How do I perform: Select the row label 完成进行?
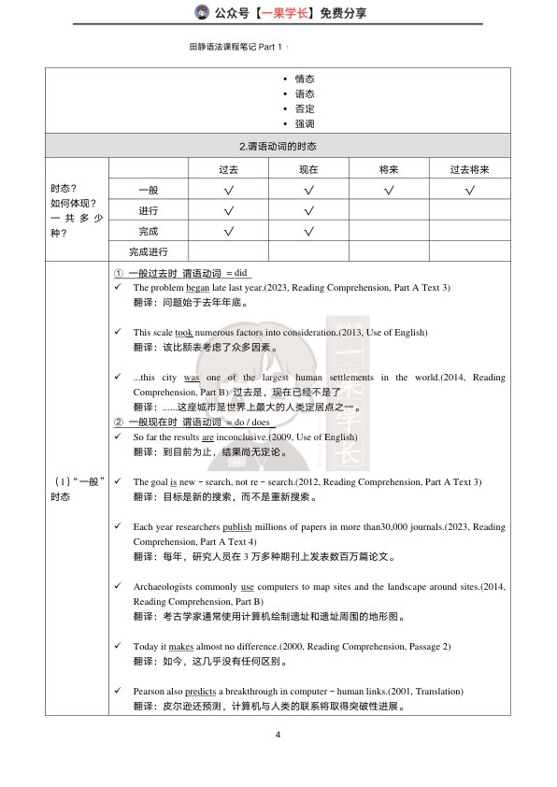pos(149,250)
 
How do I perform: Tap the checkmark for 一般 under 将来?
pos(388,191)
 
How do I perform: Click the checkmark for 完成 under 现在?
pos(308,231)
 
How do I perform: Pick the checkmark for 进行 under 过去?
pos(228,210)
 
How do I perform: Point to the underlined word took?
pos(184,332)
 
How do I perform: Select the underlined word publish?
pos(237,527)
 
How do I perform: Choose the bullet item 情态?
pos(305,79)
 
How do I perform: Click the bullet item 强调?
pos(305,123)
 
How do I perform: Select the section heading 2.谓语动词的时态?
pos(278,147)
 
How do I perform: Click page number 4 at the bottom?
pos(278,735)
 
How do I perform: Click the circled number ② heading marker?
pos(119,422)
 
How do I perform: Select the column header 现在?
pos(308,169)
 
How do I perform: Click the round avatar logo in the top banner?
pos(201,12)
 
